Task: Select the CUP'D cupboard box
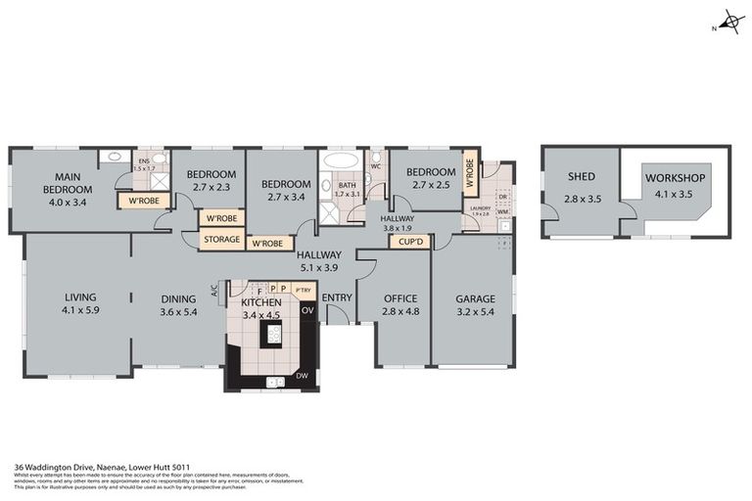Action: (409, 241)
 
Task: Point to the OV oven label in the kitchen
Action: (306, 310)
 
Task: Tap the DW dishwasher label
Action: (305, 375)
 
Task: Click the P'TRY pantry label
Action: (303, 290)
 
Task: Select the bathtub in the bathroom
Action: (341, 161)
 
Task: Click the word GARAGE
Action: (476, 299)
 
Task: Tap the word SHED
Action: (581, 177)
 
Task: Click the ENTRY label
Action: (337, 298)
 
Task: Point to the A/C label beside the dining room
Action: (215, 290)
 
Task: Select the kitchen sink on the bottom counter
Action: (275, 382)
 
